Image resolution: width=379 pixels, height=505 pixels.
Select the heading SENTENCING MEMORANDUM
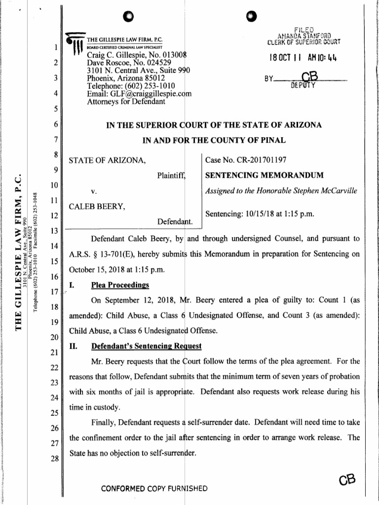click(x=264, y=175)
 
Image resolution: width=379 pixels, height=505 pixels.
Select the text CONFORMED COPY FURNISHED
click(x=153, y=489)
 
